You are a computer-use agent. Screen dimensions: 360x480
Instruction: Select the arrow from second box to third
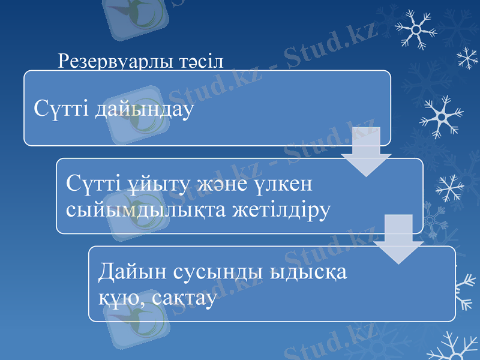click(398, 239)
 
